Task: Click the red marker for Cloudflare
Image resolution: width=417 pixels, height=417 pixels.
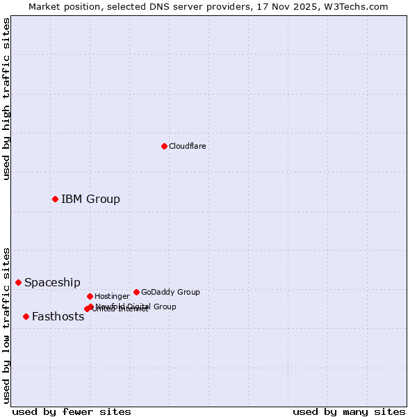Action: (x=164, y=146)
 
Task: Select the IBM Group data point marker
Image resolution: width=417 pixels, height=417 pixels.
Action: (x=55, y=199)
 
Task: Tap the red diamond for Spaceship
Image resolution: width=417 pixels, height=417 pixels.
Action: (x=18, y=282)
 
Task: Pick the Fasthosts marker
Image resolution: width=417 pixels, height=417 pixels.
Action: (x=26, y=316)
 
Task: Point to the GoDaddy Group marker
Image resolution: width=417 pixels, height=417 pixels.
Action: (x=136, y=292)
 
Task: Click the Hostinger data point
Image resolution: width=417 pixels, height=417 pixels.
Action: (x=90, y=296)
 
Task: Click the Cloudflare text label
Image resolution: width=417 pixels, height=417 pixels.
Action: (x=187, y=146)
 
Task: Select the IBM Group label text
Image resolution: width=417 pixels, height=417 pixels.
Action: (x=90, y=199)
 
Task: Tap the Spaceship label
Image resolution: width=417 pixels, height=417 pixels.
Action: (x=52, y=282)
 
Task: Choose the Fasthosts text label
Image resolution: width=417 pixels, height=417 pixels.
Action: (x=58, y=316)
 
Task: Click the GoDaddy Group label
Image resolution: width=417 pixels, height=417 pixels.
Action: (x=170, y=292)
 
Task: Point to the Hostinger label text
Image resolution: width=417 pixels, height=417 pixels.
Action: (x=112, y=296)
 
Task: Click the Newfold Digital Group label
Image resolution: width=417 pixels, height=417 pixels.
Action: (x=136, y=306)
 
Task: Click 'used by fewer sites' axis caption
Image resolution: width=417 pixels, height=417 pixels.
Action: (x=72, y=411)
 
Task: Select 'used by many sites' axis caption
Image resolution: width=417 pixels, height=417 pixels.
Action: (x=349, y=411)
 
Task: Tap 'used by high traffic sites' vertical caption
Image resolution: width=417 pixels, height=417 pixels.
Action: (x=6, y=99)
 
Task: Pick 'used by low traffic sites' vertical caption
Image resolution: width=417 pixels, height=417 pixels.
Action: (x=6, y=325)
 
